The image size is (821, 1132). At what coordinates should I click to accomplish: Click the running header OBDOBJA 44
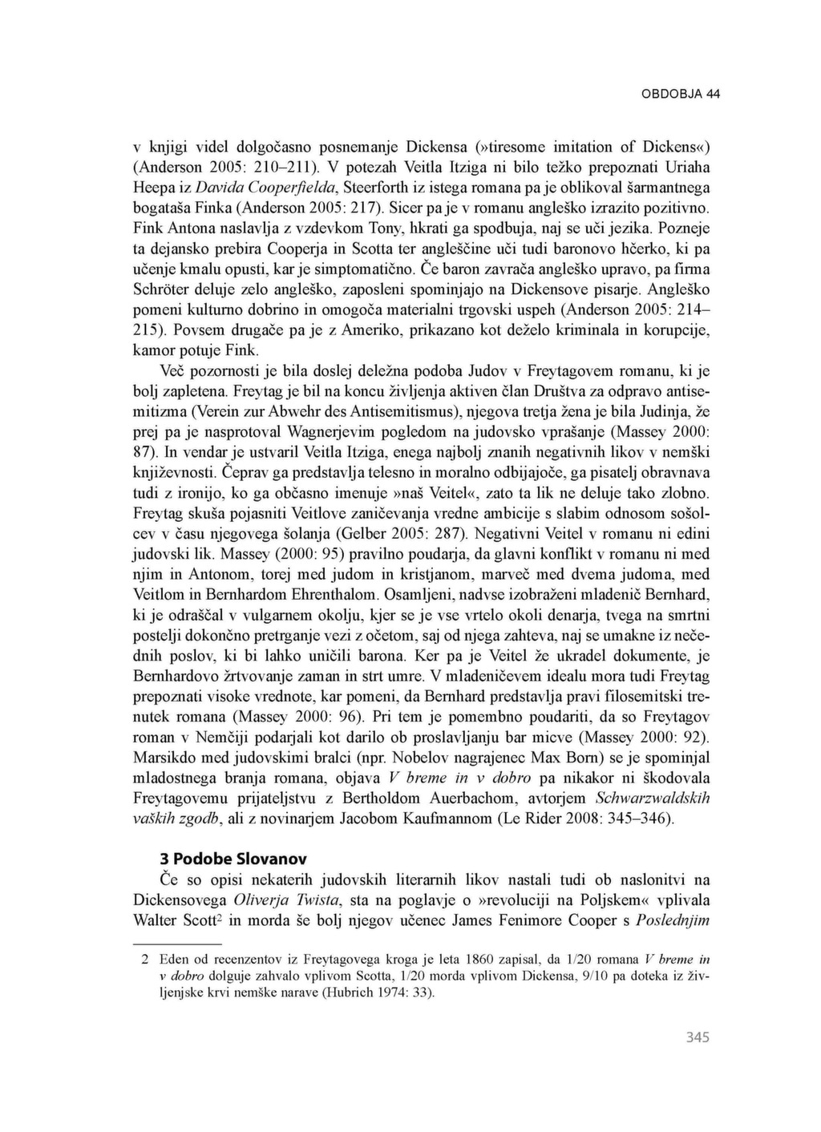(681, 94)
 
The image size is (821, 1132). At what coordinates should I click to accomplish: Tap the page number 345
(698, 1037)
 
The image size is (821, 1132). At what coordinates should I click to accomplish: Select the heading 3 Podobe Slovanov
(233, 859)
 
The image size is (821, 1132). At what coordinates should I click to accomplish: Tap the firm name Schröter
(163, 289)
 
